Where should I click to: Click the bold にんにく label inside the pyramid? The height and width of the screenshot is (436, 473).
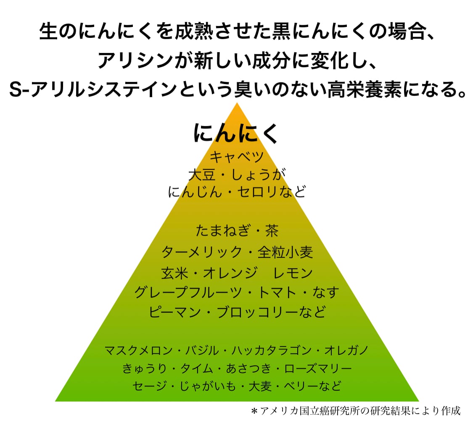click(x=236, y=133)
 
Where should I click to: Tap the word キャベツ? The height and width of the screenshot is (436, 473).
click(x=236, y=157)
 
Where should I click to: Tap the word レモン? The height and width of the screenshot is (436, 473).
click(x=293, y=273)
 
